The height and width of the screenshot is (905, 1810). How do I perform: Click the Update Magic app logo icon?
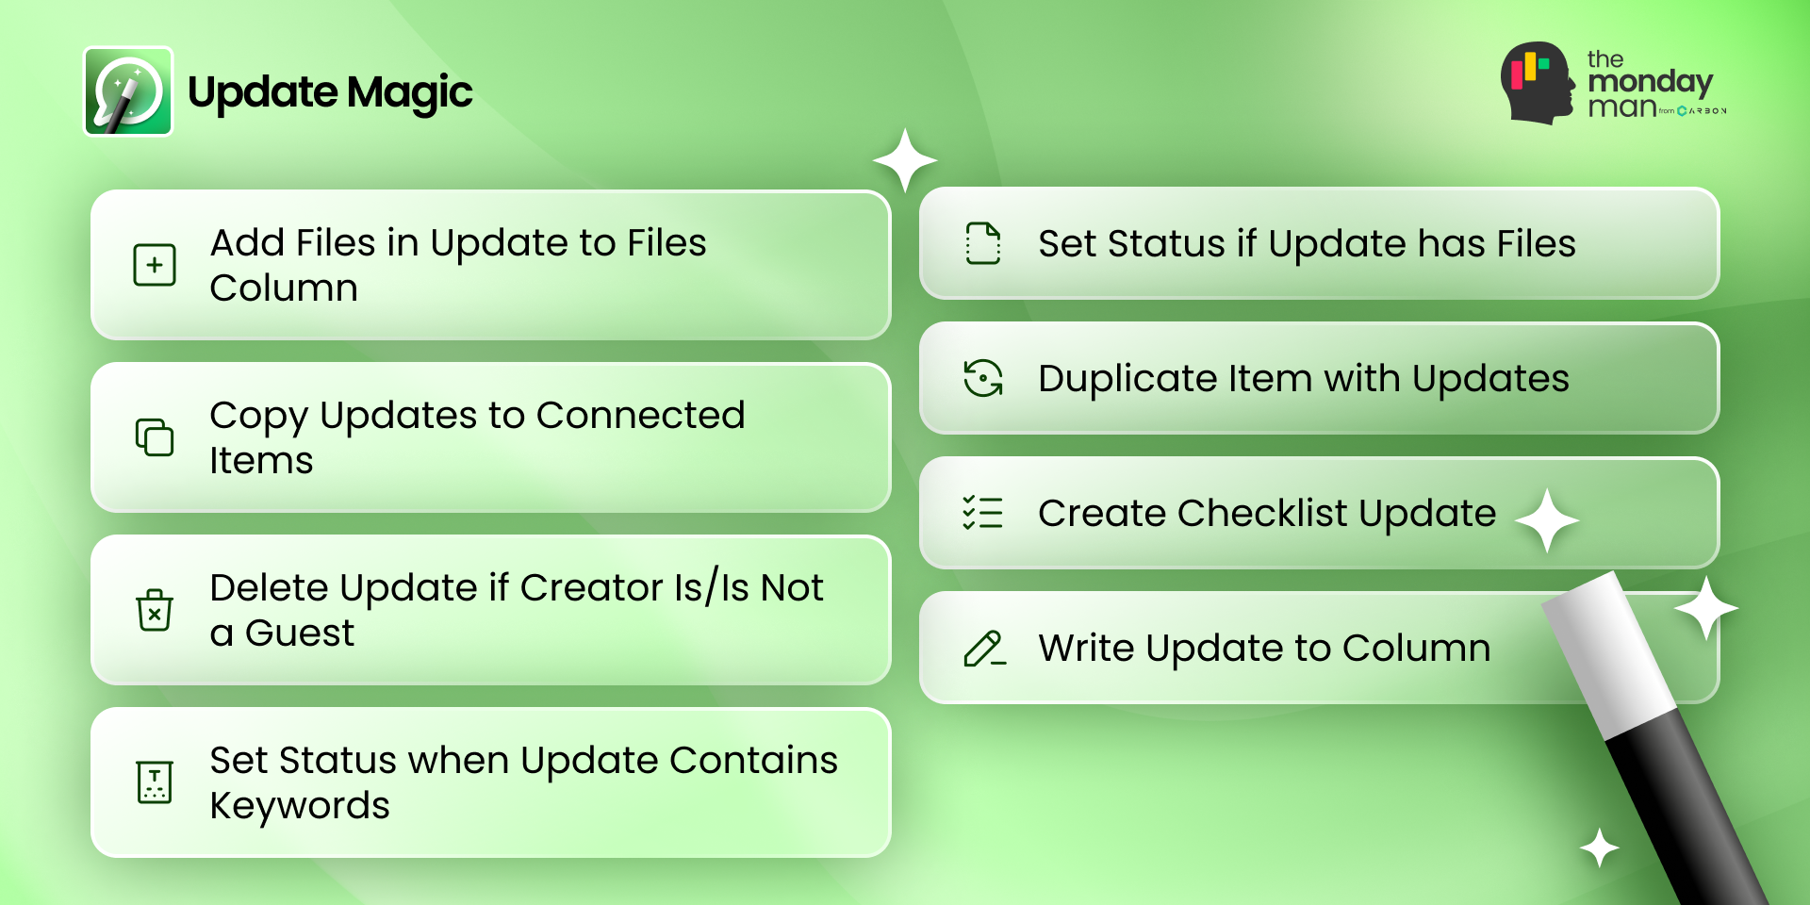pos(128,91)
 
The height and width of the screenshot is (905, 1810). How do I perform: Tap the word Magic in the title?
pos(409,93)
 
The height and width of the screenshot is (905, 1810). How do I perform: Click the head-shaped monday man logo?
pos(1538,83)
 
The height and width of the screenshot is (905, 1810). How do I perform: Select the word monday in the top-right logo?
pos(1650,83)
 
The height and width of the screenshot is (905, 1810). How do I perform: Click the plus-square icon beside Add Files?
pos(155,265)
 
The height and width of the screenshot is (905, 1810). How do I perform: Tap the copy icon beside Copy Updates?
pos(155,437)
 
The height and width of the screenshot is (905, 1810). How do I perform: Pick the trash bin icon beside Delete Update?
pos(155,610)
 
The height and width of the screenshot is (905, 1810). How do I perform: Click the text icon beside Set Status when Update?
pos(155,782)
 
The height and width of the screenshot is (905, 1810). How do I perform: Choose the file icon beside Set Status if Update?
pos(983,243)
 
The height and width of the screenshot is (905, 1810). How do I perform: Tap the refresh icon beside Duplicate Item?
pos(983,378)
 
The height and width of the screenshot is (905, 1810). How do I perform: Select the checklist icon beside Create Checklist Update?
pos(983,513)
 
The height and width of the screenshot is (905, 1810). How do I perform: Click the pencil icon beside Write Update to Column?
pos(984,649)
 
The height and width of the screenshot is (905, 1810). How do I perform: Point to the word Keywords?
pos(300,806)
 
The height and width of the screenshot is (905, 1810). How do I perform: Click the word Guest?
pos(300,633)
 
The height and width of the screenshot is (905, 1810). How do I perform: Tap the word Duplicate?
pos(1128,379)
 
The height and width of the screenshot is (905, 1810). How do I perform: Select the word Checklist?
pos(1262,513)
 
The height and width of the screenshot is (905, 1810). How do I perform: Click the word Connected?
pos(641,415)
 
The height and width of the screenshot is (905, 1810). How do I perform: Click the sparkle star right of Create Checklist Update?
pos(1547,520)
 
